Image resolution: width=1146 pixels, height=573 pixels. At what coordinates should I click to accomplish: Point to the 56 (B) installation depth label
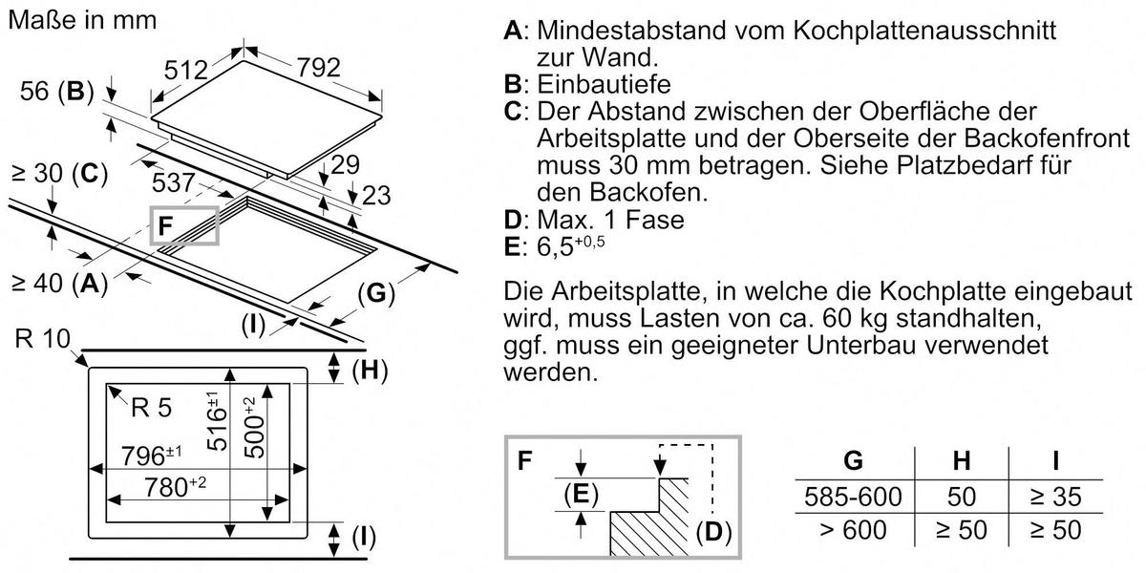(56, 93)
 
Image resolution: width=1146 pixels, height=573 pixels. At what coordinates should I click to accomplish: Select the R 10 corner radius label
(42, 340)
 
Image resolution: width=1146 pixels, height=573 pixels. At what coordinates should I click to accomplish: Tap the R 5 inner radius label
(152, 408)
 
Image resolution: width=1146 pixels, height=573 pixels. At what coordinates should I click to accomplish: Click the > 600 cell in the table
(853, 528)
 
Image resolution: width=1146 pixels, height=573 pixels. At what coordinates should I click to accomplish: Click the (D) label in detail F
(712, 532)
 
